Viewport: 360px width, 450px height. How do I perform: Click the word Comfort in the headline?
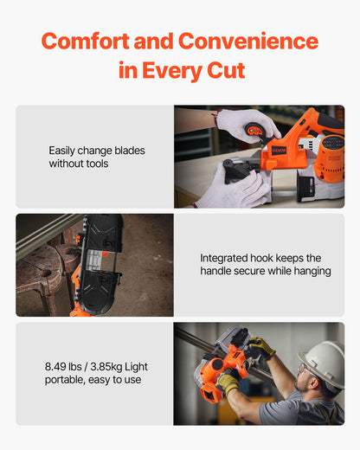(87, 41)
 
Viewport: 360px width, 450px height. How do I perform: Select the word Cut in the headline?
(222, 71)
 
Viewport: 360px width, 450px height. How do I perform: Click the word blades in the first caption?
(127, 151)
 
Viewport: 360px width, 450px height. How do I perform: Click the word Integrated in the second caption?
(228, 258)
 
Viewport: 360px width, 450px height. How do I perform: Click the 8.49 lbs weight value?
(69, 366)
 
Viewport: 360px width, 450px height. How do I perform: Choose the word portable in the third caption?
(70, 379)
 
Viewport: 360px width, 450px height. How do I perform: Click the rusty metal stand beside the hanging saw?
(39, 277)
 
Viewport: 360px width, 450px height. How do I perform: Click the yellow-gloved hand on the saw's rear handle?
(228, 382)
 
